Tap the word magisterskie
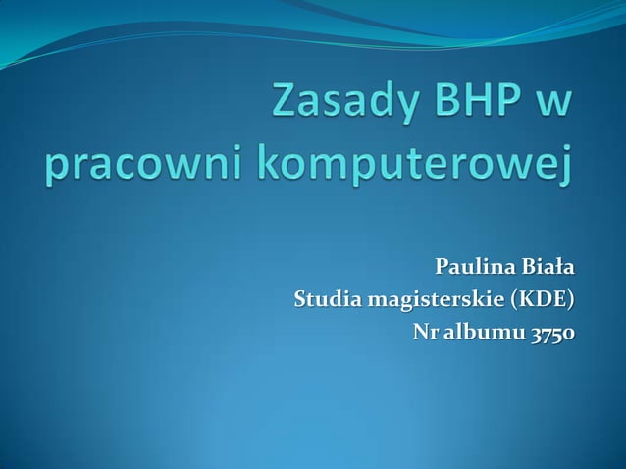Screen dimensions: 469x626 coord(435,299)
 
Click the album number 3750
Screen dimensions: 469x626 coord(552,333)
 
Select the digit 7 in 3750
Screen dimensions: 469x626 coord(547,334)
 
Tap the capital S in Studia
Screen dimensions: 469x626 coord(300,299)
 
